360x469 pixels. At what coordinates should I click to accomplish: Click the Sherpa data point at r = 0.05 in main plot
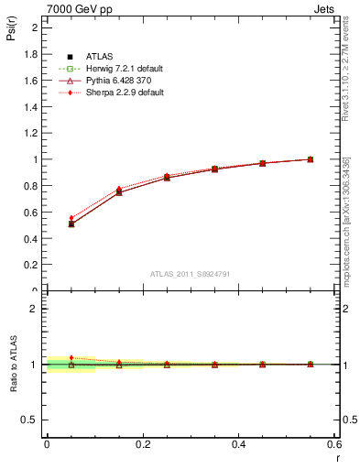pos(71,218)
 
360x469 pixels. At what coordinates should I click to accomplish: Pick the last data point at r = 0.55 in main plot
pos(311,159)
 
